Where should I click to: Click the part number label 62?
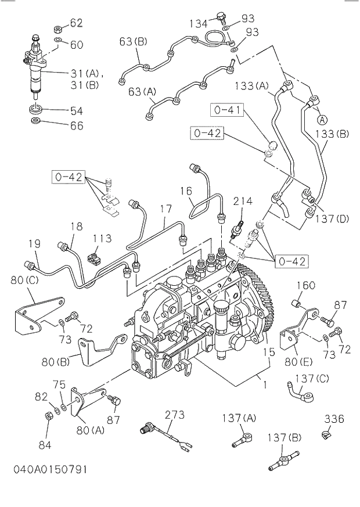[x=77, y=23]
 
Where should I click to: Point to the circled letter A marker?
[x=321, y=120]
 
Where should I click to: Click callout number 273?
[x=174, y=415]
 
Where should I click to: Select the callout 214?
[x=243, y=201]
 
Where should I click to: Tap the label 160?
[x=306, y=285]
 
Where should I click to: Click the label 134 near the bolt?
[x=199, y=23]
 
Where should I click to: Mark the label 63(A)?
[x=142, y=91]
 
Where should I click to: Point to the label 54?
[x=77, y=110]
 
